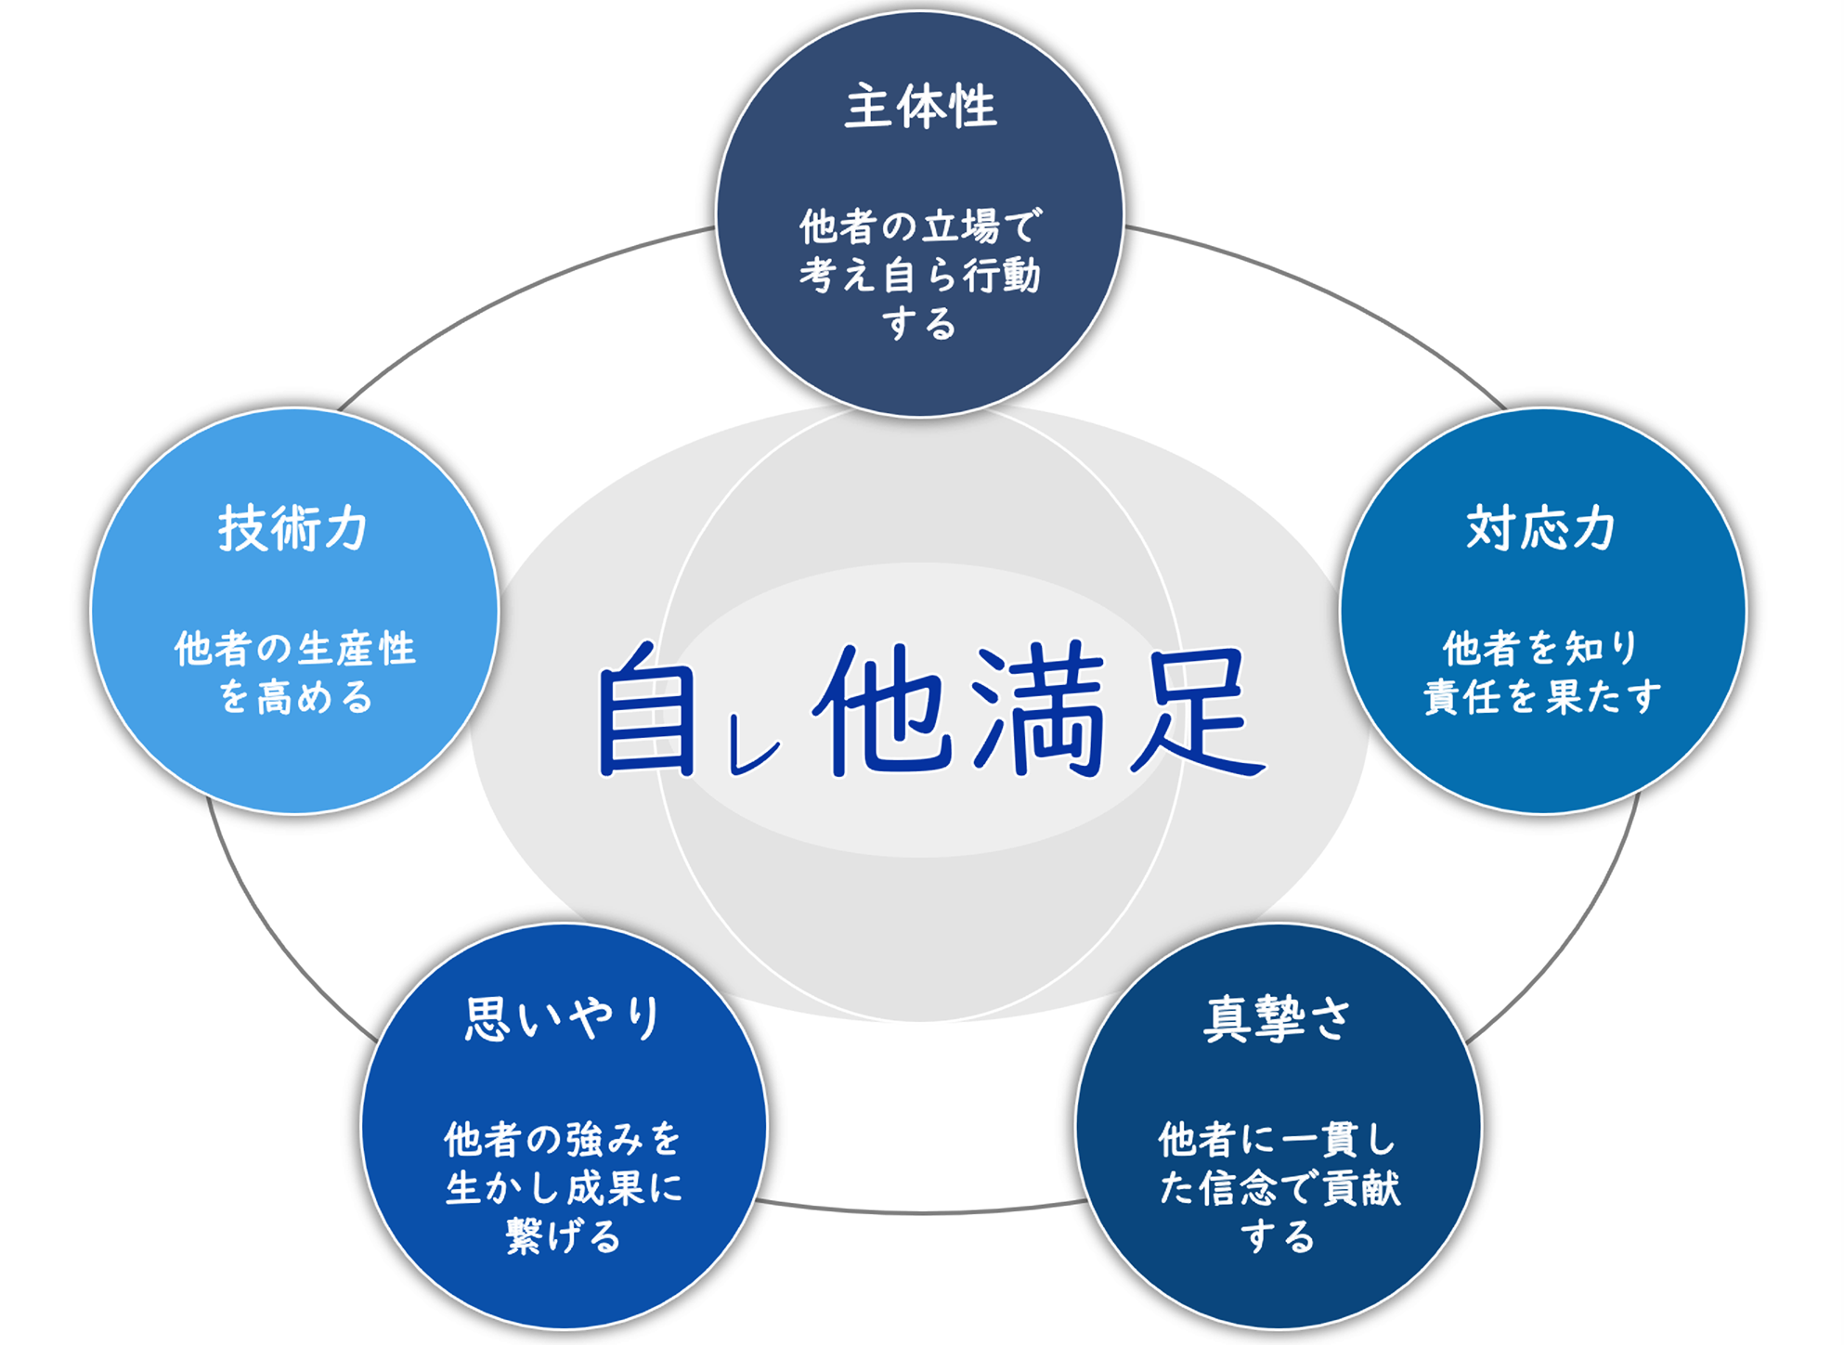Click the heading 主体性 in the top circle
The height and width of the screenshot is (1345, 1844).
(x=920, y=107)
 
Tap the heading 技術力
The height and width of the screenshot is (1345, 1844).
(x=293, y=528)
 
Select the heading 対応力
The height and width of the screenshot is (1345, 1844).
(x=1541, y=528)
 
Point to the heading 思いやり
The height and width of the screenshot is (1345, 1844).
(x=564, y=1018)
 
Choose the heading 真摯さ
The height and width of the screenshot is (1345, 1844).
(x=1278, y=1018)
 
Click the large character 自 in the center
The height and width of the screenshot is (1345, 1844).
(x=647, y=709)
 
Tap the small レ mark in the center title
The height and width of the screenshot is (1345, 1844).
(x=753, y=747)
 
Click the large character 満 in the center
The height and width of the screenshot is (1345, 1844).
(x=1041, y=709)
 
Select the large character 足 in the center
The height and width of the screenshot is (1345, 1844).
(x=1197, y=711)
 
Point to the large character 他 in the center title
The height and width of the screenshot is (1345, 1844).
(x=883, y=709)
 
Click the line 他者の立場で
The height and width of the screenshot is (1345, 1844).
(x=921, y=226)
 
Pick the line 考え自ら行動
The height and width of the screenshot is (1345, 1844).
(x=920, y=276)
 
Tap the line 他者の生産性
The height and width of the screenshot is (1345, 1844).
(x=295, y=648)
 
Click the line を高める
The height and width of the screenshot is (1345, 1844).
(x=295, y=697)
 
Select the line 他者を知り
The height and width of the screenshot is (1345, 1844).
(x=1541, y=648)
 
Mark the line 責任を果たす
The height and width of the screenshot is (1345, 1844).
(x=1541, y=697)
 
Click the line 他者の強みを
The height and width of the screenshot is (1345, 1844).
(x=564, y=1139)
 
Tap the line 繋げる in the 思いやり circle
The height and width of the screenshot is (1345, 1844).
(x=564, y=1236)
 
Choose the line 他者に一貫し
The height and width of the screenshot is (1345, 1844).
(x=1278, y=1139)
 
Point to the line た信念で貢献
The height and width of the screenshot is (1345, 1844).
(x=1279, y=1188)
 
